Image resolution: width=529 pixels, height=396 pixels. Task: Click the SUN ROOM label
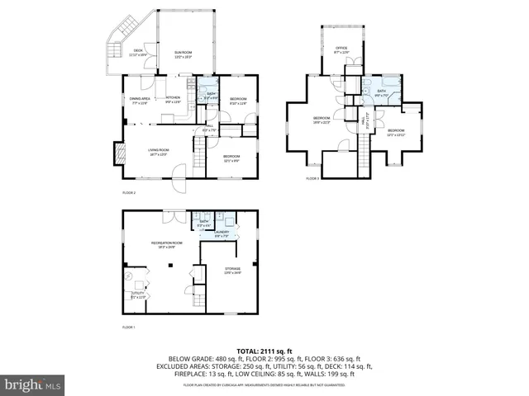[183, 55]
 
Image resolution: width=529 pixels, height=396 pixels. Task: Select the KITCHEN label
[174, 99]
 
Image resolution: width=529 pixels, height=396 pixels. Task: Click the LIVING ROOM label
[158, 152]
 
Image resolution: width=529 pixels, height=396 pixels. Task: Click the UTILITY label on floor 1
[138, 295]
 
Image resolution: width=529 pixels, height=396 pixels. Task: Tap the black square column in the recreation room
[170, 265]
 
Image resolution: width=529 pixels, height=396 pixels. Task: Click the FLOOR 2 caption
[128, 192]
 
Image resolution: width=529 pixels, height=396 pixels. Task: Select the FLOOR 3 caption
[312, 178]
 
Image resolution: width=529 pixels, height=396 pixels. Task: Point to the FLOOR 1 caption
[128, 328]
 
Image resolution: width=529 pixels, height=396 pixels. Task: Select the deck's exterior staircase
[109, 58]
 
